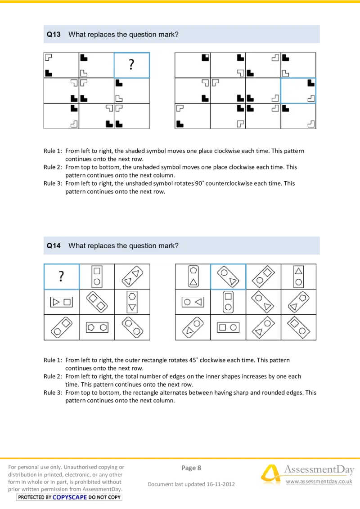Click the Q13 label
tap(54, 34)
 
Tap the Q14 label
tap(54, 246)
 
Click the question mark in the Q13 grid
tap(131, 65)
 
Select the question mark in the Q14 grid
tap(61, 277)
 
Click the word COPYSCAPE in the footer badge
tap(70, 497)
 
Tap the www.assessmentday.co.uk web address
tap(319, 482)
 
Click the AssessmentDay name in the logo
tap(319, 470)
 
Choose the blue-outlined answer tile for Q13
tap(298, 91)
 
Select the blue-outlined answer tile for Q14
tap(228, 277)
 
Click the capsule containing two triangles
tap(132, 277)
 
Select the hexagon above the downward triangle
tap(132, 296)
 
